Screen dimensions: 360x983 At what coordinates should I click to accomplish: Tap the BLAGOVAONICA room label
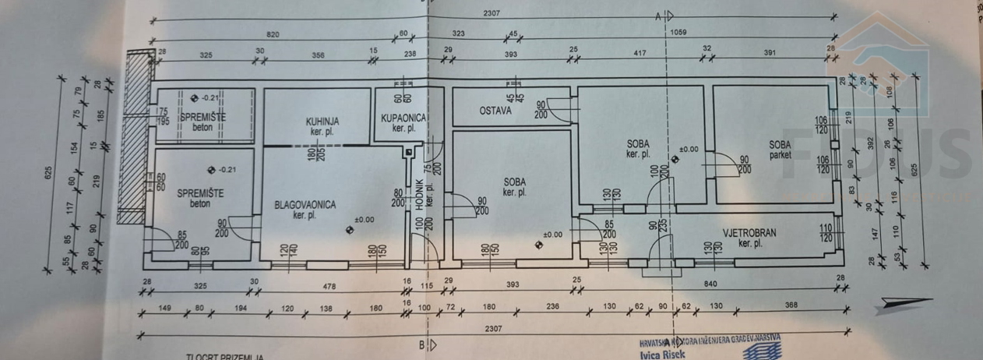pyautogui.click(x=305, y=205)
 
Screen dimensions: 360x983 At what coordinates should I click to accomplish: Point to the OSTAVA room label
pyautogui.click(x=495, y=111)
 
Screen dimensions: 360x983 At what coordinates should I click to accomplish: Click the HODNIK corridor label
pyautogui.click(x=418, y=192)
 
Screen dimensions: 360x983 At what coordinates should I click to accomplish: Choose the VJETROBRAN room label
pyautogui.click(x=749, y=233)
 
